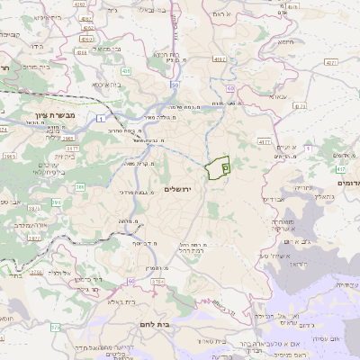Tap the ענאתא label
pos(276,96)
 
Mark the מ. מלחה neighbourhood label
pos(125,220)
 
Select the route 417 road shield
pos(341,167)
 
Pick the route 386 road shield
pos(80,187)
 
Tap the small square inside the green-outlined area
pos(225,166)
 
